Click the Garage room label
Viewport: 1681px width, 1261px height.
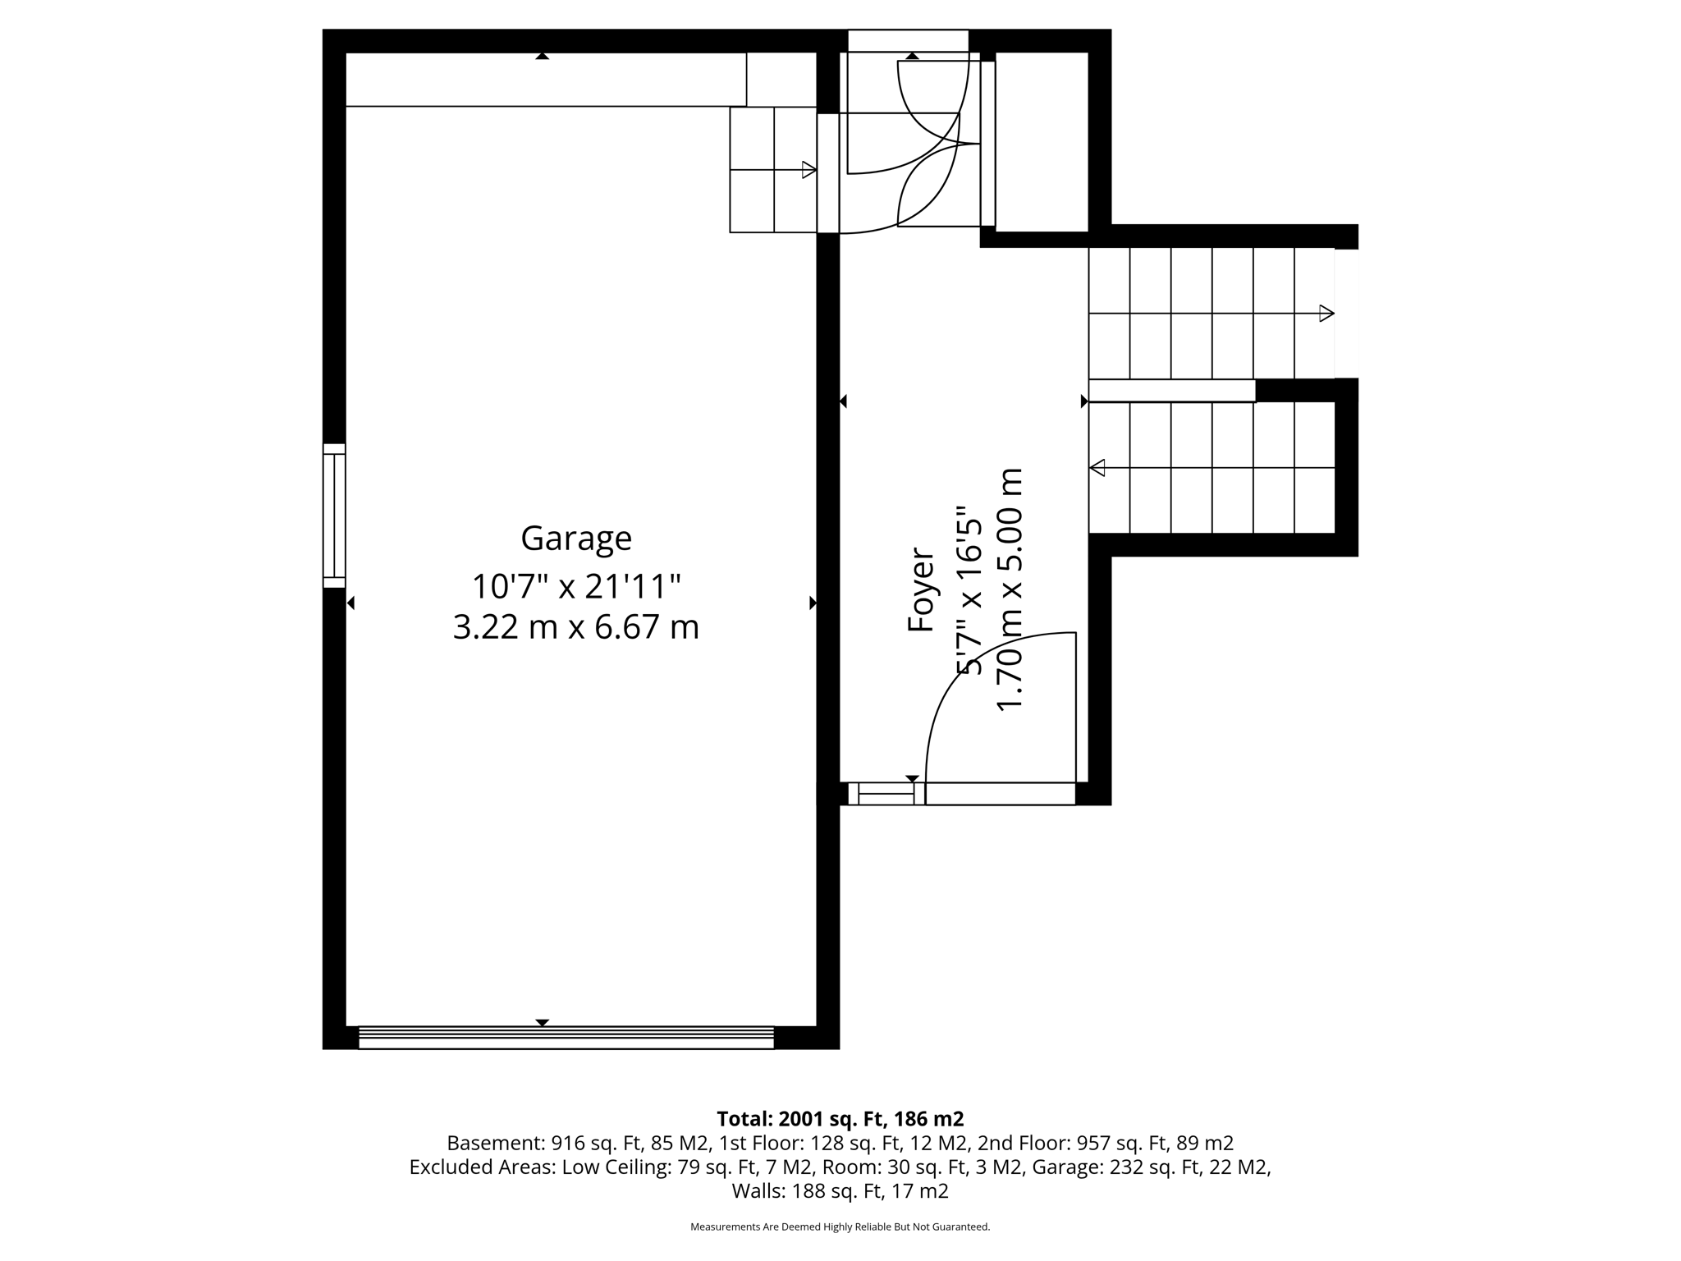(x=576, y=539)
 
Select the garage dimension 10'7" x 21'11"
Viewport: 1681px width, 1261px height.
(x=576, y=586)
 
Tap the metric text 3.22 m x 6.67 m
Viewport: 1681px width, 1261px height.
(x=576, y=628)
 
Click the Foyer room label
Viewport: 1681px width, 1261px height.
(x=921, y=589)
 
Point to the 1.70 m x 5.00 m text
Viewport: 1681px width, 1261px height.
(x=1009, y=589)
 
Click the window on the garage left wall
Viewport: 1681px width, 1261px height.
(x=334, y=516)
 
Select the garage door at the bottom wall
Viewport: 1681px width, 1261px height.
(x=566, y=1038)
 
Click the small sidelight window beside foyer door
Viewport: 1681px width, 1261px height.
(x=885, y=794)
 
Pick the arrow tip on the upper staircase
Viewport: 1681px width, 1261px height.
(x=1326, y=313)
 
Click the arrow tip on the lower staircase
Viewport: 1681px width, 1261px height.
(x=1097, y=468)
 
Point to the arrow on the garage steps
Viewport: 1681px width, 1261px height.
(x=808, y=170)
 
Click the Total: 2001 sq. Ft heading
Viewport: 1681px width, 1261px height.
(x=840, y=1119)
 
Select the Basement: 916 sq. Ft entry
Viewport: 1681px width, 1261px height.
(x=579, y=1143)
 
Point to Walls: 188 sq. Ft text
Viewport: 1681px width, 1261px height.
(x=840, y=1191)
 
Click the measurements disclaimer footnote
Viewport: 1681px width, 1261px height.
(x=840, y=1227)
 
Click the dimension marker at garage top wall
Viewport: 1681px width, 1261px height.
(x=542, y=56)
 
